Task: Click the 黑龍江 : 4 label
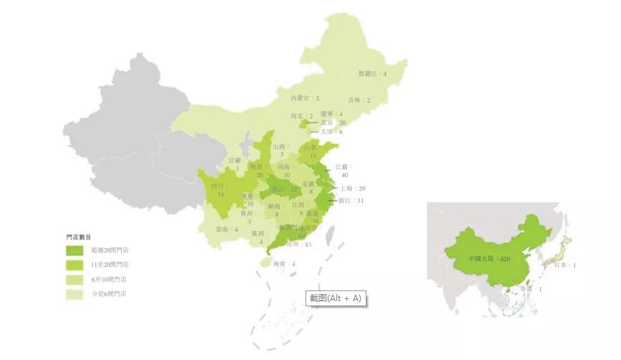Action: click(372, 74)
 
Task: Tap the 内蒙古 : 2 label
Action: click(305, 98)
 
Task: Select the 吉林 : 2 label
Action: click(359, 100)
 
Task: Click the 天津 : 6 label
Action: click(331, 132)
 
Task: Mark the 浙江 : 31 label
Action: click(351, 201)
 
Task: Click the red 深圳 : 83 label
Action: click(300, 245)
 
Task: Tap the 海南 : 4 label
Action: click(284, 264)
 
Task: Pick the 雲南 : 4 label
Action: click(227, 229)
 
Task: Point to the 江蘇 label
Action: click(341, 166)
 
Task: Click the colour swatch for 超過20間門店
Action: click(75, 250)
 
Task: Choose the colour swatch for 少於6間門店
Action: click(75, 293)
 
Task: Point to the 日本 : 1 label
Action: click(566, 265)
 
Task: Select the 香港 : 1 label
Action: click(531, 289)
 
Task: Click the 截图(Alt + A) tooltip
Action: click(336, 298)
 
